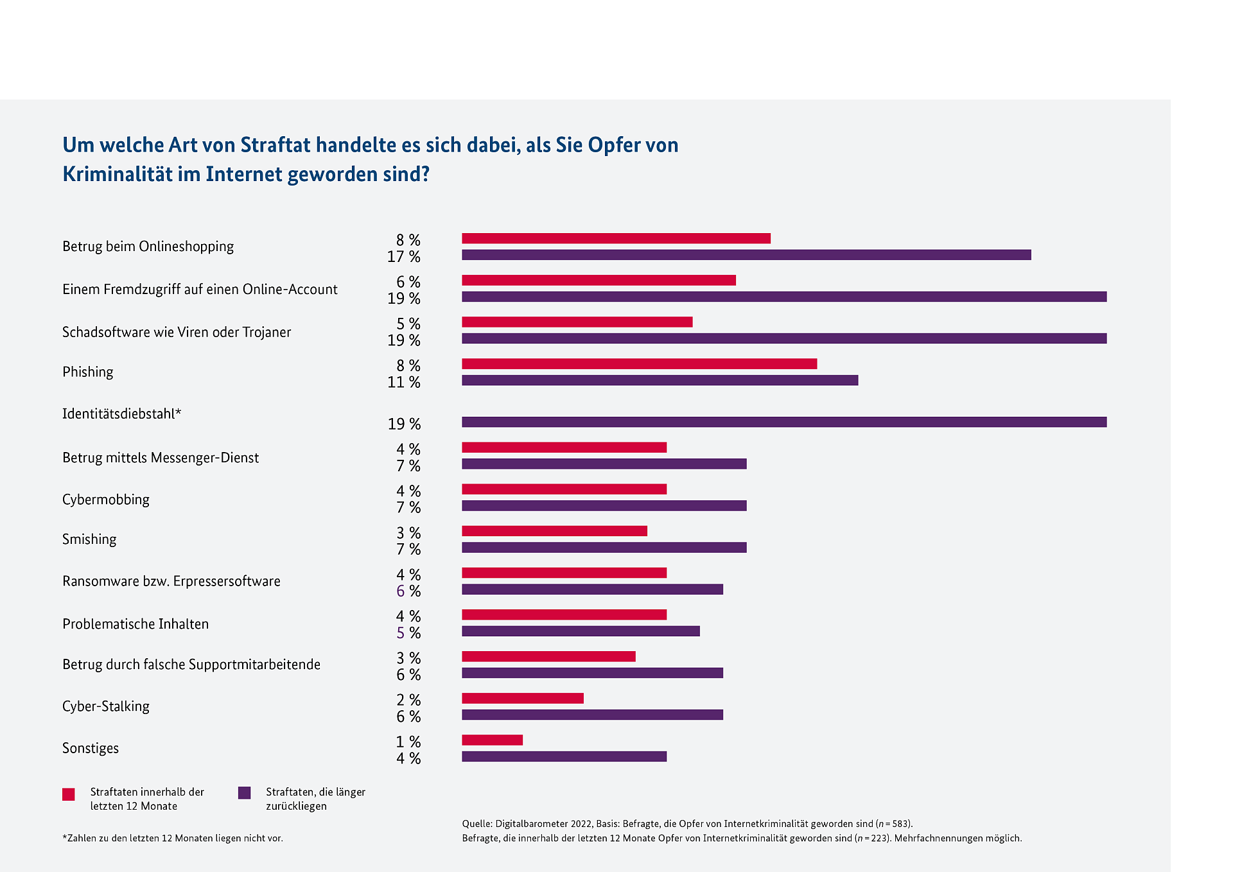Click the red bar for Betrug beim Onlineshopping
[x=616, y=238]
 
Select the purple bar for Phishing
[x=660, y=380]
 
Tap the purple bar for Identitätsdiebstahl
[x=783, y=422]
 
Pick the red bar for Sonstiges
[x=492, y=740]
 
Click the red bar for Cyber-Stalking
[x=522, y=698]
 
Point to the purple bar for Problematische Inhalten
[x=581, y=631]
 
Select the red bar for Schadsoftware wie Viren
[x=577, y=322]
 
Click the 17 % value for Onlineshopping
[x=403, y=257]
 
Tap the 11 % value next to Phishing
[x=403, y=382]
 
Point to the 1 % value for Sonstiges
[x=408, y=742]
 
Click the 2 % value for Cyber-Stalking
[x=408, y=700]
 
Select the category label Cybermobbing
[x=106, y=500]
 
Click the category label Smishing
[x=89, y=539]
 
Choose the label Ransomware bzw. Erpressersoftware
[x=171, y=581]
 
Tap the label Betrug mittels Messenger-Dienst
[x=161, y=458]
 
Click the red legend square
[x=69, y=794]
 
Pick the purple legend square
[x=244, y=793]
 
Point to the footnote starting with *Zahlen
[x=172, y=838]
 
